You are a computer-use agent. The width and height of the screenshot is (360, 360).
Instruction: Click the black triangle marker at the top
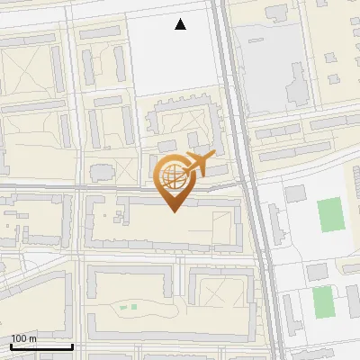pyautogui.click(x=181, y=24)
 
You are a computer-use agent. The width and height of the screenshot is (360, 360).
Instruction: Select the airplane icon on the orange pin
pyautogui.click(x=198, y=165)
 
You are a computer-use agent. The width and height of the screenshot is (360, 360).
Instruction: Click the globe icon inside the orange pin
pyautogui.click(x=174, y=176)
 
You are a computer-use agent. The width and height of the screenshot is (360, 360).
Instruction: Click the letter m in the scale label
pyautogui.click(x=33, y=338)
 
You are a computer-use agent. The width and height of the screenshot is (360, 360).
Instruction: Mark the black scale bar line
pyautogui.click(x=40, y=346)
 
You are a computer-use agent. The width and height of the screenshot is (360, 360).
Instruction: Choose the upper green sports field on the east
pyautogui.click(x=329, y=215)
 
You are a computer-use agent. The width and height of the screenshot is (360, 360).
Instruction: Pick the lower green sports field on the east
pyautogui.click(x=323, y=301)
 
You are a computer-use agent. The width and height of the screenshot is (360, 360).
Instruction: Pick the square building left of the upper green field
pyautogui.click(x=295, y=193)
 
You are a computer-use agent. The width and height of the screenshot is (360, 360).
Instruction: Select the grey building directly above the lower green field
pyautogui.click(x=316, y=272)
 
